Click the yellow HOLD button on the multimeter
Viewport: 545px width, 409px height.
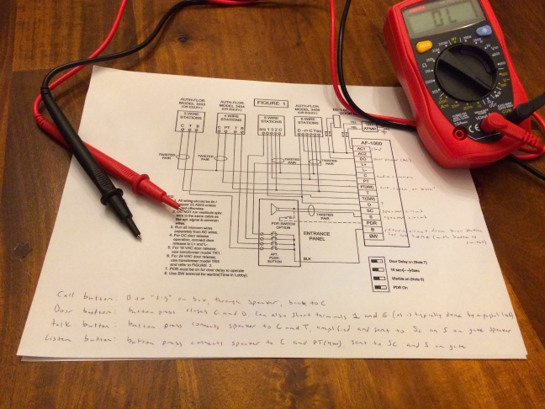(424, 46)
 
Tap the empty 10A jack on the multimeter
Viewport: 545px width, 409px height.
(461, 133)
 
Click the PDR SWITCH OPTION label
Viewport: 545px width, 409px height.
(294, 225)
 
